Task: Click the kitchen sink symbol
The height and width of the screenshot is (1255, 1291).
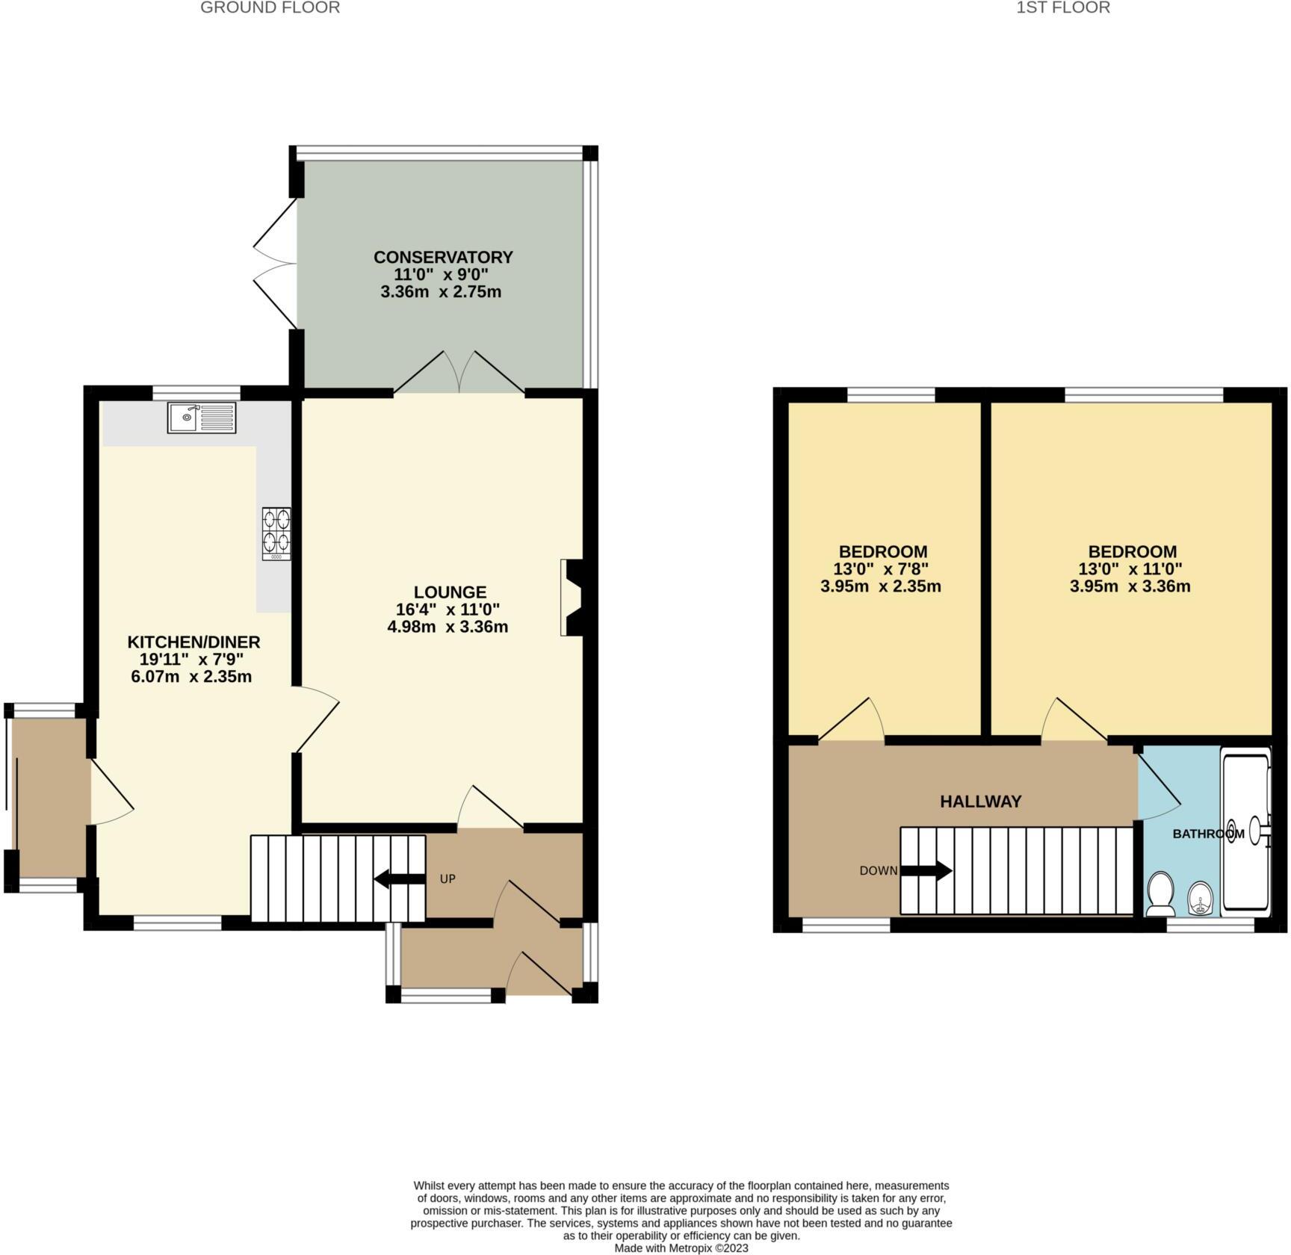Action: point(202,418)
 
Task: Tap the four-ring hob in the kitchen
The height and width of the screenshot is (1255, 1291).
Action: point(276,533)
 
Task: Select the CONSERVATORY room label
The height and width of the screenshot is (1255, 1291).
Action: point(443,257)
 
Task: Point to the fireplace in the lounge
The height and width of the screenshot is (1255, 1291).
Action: point(572,598)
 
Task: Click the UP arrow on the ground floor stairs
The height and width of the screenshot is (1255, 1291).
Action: point(398,879)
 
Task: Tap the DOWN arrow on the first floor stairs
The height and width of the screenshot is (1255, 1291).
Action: point(926,870)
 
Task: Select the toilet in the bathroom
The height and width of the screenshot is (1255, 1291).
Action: point(1160,894)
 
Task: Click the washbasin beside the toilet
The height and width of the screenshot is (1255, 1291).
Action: point(1200,897)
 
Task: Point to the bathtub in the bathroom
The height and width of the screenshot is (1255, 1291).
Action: point(1245,829)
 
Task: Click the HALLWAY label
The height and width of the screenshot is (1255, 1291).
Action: point(980,802)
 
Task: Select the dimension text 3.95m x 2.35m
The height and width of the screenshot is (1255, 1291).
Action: point(880,586)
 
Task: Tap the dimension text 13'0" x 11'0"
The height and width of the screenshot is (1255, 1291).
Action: point(1130,569)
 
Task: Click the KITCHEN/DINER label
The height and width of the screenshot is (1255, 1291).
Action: point(194,642)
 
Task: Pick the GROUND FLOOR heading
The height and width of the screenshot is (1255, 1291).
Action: point(270,7)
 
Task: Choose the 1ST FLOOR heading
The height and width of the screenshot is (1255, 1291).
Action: point(1063,7)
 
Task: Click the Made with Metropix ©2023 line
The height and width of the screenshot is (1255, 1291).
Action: point(681,1248)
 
